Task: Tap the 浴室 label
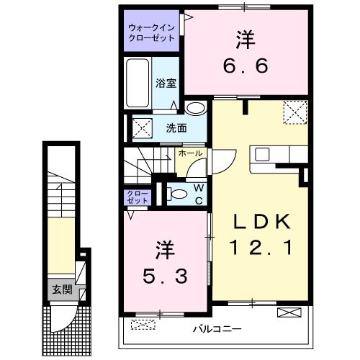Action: pyautogui.click(x=166, y=82)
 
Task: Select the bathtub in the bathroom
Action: pyautogui.click(x=138, y=83)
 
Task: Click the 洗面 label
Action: pyautogui.click(x=176, y=129)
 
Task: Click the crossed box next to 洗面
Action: pyautogui.click(x=141, y=130)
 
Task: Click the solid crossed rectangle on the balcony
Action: pyautogui.click(x=288, y=312)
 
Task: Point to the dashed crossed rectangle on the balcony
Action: pyautogui.click(x=142, y=323)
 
